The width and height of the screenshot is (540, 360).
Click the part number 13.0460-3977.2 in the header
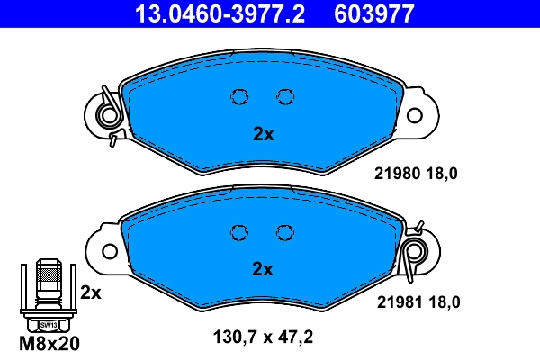[x=208, y=13]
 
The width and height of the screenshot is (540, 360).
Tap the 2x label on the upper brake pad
[x=262, y=135]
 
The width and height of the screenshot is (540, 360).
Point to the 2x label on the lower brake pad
[x=262, y=268]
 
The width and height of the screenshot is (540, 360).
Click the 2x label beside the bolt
[x=90, y=292]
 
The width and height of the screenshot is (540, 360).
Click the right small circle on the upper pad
[x=284, y=97]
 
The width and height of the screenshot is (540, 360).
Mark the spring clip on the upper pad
[x=111, y=115]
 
